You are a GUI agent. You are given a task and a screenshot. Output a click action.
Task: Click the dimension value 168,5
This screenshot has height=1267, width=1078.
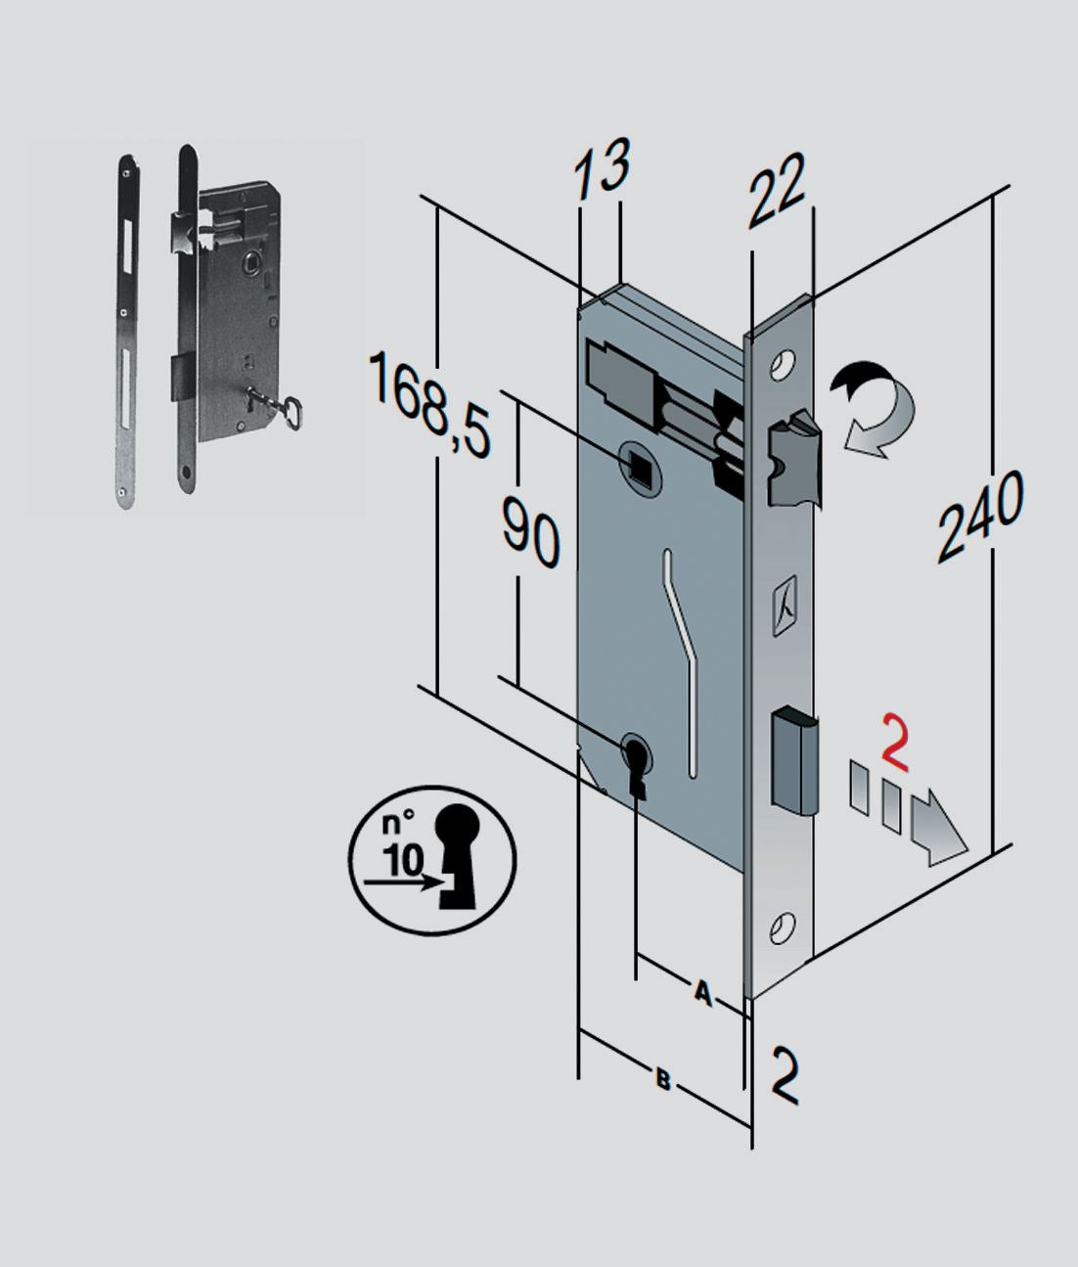click(430, 403)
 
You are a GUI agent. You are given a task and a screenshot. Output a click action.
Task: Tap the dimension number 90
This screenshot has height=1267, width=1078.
click(531, 530)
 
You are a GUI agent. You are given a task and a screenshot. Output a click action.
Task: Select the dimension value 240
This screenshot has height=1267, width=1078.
click(980, 515)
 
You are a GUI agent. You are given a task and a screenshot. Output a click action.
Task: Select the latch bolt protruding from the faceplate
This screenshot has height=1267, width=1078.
click(793, 457)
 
